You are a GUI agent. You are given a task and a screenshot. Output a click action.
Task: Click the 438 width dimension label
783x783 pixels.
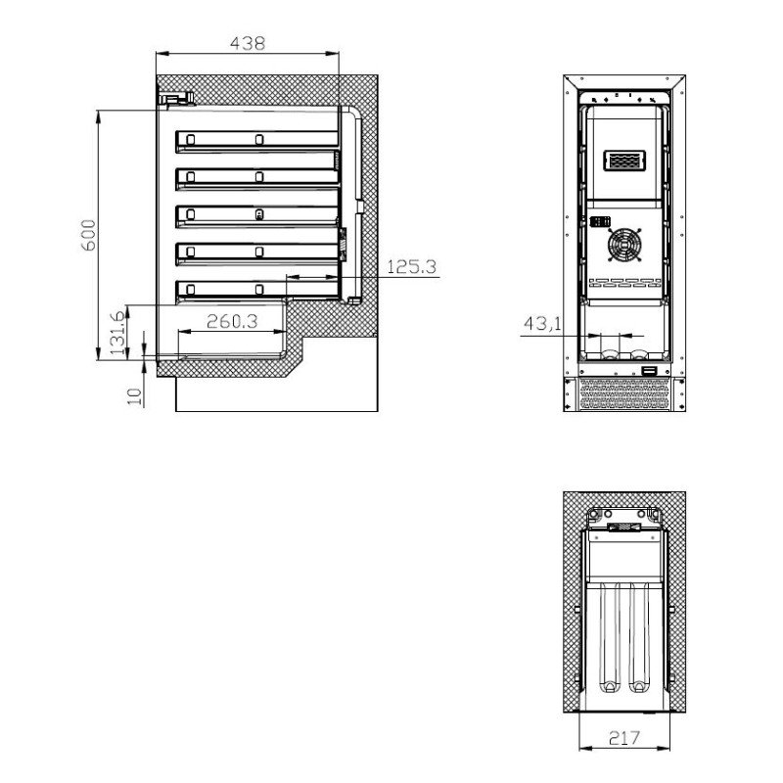(248, 43)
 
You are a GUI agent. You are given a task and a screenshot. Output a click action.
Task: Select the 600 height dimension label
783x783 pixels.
(88, 235)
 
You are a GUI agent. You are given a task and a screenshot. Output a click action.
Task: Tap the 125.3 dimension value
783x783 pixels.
(411, 266)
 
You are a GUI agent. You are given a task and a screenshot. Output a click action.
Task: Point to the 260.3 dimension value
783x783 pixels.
(232, 321)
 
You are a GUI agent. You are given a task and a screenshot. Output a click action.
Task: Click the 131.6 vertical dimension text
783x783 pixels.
(117, 333)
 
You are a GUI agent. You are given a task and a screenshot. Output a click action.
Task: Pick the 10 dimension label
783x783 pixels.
(135, 396)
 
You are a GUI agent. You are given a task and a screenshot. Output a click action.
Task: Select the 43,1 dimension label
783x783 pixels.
(542, 324)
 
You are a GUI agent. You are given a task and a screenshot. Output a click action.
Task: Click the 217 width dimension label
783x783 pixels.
(624, 737)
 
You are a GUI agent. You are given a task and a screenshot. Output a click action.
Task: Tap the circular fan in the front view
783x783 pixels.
(624, 245)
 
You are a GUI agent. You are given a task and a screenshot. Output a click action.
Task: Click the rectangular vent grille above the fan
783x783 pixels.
(624, 161)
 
